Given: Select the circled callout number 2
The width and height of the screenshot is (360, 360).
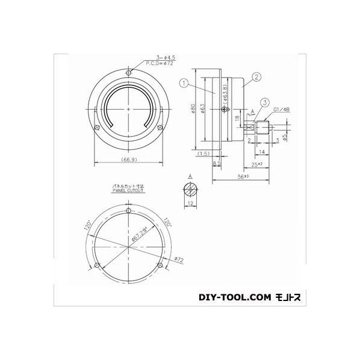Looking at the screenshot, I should tap(256, 76).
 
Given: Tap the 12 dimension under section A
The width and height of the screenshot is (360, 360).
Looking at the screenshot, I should tap(190, 205).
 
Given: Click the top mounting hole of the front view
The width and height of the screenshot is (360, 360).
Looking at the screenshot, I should tap(129, 73).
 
